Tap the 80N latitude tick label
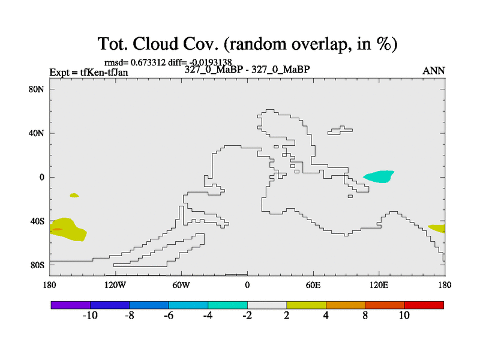(x=37, y=89)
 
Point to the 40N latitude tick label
(x=37, y=133)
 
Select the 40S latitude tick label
(x=37, y=221)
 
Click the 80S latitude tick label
(x=37, y=265)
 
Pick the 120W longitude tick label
(x=115, y=286)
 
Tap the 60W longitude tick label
(x=181, y=286)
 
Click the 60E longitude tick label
(x=313, y=286)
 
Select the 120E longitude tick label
(x=379, y=286)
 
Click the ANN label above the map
(x=434, y=71)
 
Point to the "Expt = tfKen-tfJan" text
(x=89, y=73)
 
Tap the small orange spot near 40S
(x=57, y=229)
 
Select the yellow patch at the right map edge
(x=437, y=229)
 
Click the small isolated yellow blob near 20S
(x=74, y=196)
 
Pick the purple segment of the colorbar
(x=71, y=305)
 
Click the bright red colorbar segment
(x=424, y=305)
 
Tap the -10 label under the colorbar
(x=90, y=316)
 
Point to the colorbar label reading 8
(x=365, y=316)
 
